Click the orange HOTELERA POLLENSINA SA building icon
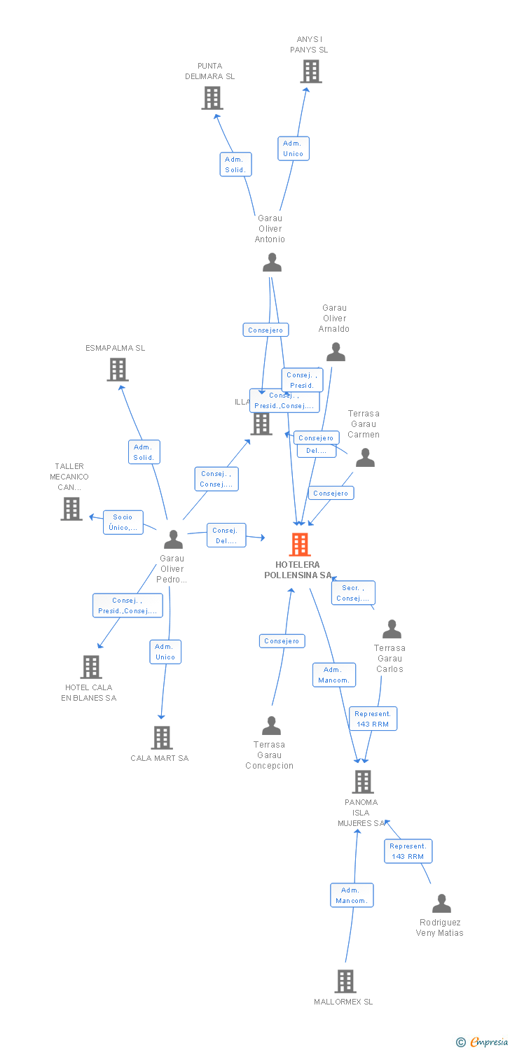pos(300,544)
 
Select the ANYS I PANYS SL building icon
pos(311,71)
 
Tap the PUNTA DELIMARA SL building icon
pos(212,98)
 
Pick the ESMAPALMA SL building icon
pos(118,370)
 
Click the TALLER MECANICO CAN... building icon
pos(71,509)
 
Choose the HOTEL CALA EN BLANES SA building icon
pos(91,667)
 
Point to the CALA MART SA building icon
pos(162,737)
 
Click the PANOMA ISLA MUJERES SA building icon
pos(362,781)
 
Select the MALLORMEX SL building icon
pos(345,981)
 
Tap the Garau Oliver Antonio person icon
pos(272,262)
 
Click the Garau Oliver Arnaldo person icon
pos(336,352)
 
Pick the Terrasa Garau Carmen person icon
pos(365,458)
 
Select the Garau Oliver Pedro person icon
pos(173,539)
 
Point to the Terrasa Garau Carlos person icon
pos(392,629)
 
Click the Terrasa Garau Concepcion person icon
pos(271,725)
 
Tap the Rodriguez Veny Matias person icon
pos(441,904)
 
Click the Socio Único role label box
pos(123,522)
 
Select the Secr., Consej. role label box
pos(353,593)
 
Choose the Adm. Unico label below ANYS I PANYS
pos(294,148)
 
